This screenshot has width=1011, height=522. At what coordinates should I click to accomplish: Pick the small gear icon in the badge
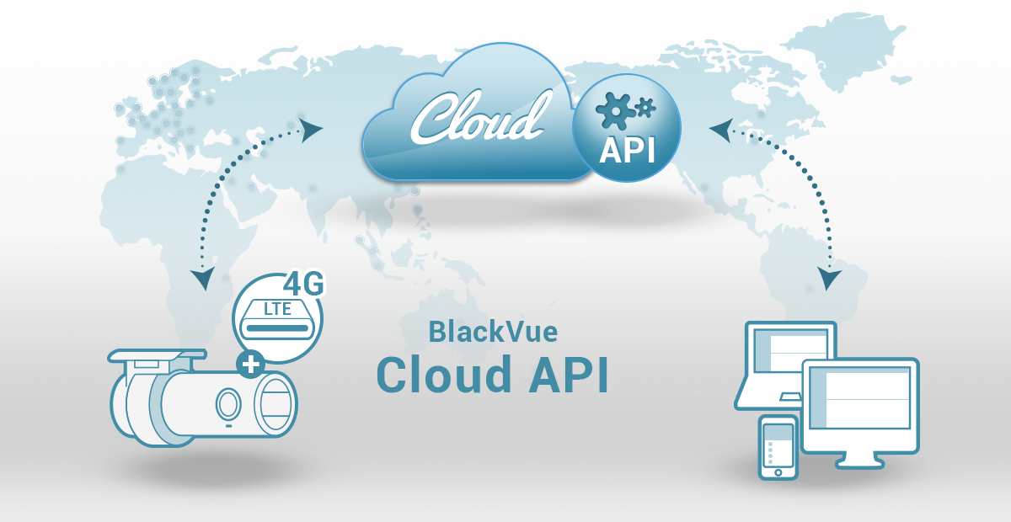click(645, 106)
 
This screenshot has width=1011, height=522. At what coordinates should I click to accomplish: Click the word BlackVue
click(493, 332)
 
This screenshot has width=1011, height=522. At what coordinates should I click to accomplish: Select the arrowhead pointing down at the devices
click(831, 279)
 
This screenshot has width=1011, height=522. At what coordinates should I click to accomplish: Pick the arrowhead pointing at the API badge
click(720, 130)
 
